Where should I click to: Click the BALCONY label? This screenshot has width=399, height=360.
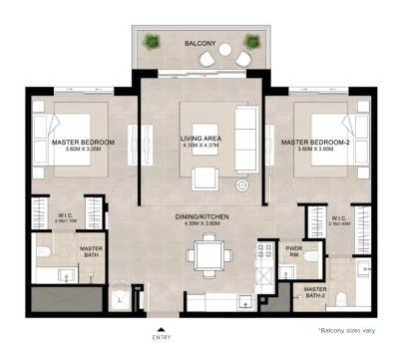tap(199, 45)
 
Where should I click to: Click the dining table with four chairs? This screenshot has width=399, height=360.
tap(205, 257)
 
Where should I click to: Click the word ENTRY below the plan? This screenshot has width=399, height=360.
tap(161, 339)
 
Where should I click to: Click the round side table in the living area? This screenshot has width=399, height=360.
tap(241, 185)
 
